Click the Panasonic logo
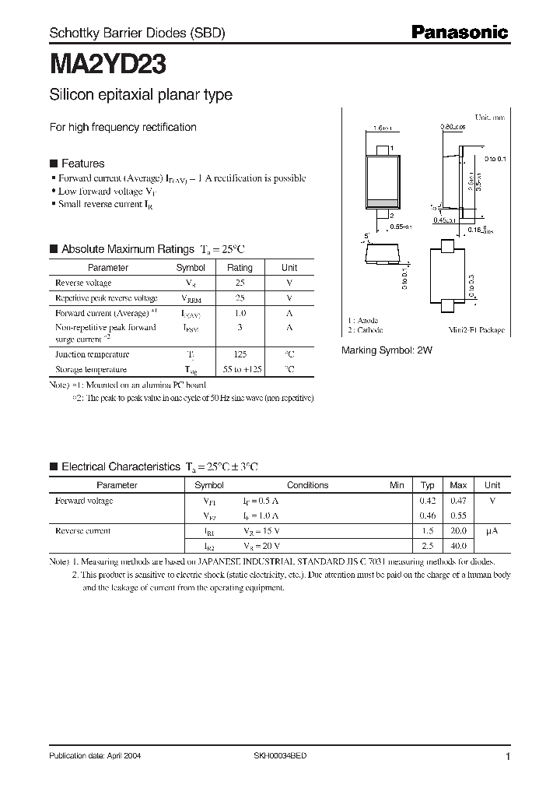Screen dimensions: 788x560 click(x=459, y=33)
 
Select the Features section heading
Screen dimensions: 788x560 click(x=82, y=164)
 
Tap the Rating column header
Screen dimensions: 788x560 click(x=240, y=267)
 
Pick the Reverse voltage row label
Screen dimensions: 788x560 click(x=83, y=283)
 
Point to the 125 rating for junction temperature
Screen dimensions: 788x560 click(x=240, y=354)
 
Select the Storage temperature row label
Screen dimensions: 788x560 click(x=90, y=369)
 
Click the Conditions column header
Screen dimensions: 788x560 click(x=308, y=485)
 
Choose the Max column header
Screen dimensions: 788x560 click(x=459, y=485)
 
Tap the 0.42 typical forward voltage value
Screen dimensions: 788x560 click(x=428, y=501)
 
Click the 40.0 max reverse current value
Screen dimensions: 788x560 click(x=459, y=546)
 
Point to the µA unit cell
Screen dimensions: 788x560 click(x=492, y=531)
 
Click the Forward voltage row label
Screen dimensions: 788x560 click(x=84, y=501)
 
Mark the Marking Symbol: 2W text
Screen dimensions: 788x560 click(x=387, y=351)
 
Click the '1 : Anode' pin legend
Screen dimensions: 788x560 click(x=362, y=320)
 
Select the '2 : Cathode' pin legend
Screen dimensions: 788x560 click(x=365, y=330)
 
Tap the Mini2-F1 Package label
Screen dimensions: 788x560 click(x=477, y=330)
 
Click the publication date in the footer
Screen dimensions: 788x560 click(x=95, y=756)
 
